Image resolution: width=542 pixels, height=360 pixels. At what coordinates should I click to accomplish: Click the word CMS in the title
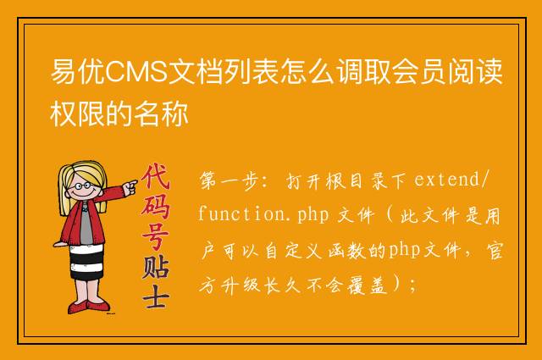(136, 72)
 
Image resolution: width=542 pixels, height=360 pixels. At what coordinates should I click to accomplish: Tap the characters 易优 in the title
(78, 72)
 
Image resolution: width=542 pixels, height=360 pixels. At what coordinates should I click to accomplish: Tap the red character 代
(156, 176)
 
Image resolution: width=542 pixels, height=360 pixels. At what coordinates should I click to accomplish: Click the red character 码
(155, 206)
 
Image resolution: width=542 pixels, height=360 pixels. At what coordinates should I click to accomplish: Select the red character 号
(156, 235)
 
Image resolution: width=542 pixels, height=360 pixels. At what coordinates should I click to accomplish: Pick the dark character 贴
(156, 267)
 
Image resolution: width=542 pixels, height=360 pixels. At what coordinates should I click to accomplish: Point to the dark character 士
(156, 296)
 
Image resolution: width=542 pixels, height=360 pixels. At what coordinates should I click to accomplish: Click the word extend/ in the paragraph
(452, 180)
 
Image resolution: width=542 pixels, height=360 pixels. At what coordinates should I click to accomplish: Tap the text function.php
(263, 214)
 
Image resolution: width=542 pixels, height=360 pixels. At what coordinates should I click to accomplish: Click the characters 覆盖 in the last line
(368, 285)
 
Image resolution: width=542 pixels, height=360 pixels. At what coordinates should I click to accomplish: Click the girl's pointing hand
(130, 188)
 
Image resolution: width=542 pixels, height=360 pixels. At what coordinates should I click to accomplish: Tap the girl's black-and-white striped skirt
(86, 262)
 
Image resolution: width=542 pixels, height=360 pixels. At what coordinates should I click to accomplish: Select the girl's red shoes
(88, 307)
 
